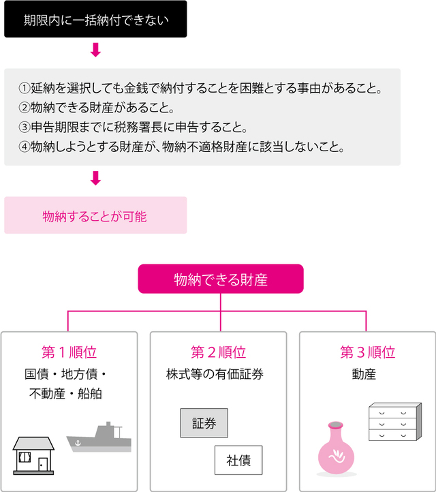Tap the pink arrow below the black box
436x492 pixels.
95,50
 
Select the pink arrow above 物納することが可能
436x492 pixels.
95,178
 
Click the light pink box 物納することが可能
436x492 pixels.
95,216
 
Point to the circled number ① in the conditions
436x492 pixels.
25,89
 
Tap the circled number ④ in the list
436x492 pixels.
25,147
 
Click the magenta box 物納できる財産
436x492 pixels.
220,279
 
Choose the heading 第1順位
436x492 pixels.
69,352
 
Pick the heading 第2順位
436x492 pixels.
218,352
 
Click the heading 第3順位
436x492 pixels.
367,352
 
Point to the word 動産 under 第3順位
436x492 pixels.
364,374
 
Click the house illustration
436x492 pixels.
34,455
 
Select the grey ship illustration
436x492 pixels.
98,437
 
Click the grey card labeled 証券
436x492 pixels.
204,423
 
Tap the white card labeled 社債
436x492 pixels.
238,460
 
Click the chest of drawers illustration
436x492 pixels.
392,423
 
